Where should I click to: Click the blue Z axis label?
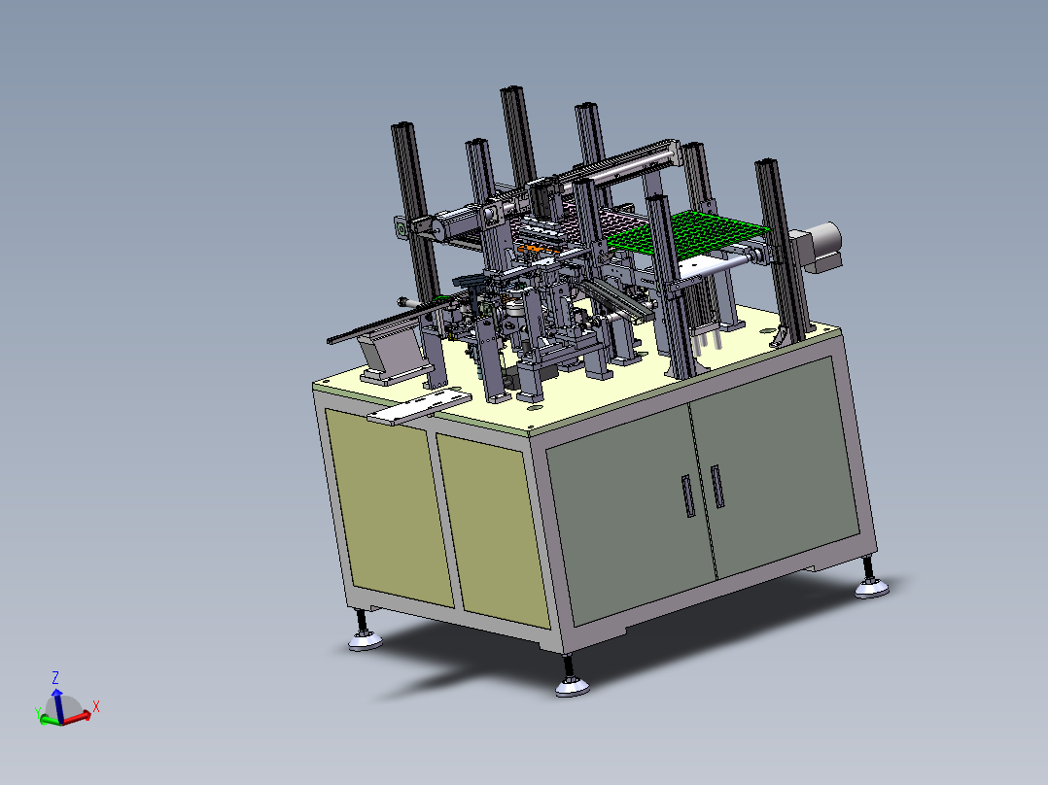point(56,678)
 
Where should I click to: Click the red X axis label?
point(96,706)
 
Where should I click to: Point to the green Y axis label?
point(37,713)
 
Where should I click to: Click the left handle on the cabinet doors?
point(688,495)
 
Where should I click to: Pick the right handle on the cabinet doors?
point(717,487)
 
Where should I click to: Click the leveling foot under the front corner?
point(572,679)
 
